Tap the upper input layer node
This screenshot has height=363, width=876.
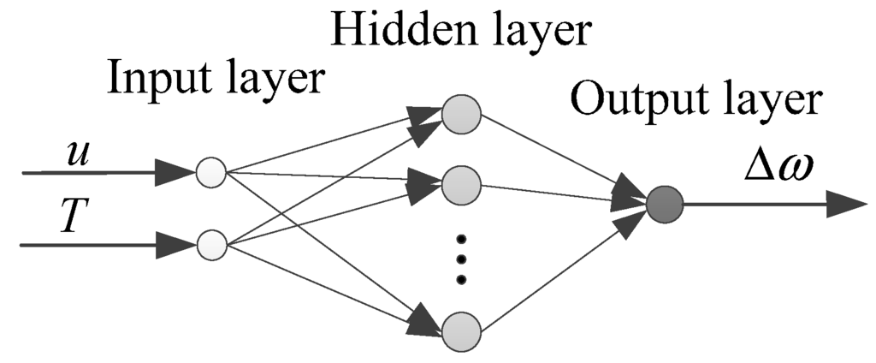click(210, 173)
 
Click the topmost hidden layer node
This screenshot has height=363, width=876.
click(462, 116)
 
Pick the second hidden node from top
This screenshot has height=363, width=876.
click(462, 182)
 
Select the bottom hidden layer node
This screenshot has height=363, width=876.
click(462, 330)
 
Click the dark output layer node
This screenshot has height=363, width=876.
click(664, 205)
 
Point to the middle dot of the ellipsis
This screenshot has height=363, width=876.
click(462, 257)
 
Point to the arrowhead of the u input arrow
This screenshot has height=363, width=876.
click(175, 173)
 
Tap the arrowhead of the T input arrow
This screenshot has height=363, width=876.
click(175, 246)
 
